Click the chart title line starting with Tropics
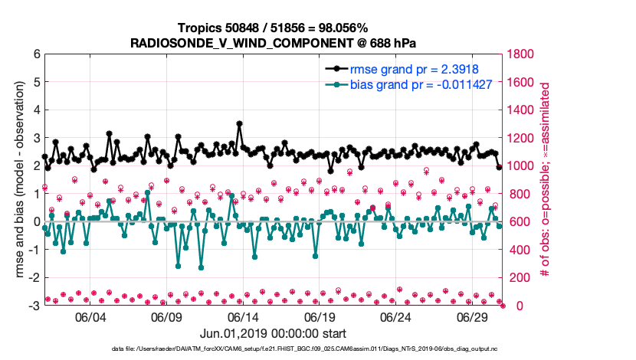pyautogui.click(x=274, y=28)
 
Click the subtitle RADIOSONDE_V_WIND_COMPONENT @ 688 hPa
pyautogui.click(x=274, y=42)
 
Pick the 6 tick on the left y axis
pyautogui.click(x=36, y=54)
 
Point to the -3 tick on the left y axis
pyautogui.click(x=34, y=306)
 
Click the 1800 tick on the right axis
pyautogui.click(x=521, y=54)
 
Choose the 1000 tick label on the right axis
pyautogui.click(x=521, y=166)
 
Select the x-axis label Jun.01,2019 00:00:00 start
pyautogui.click(x=274, y=333)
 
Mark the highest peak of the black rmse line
pyautogui.click(x=240, y=123)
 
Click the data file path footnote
pyautogui.click(x=274, y=349)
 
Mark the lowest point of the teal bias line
pyautogui.click(x=202, y=267)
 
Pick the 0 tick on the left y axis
pyautogui.click(x=36, y=222)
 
